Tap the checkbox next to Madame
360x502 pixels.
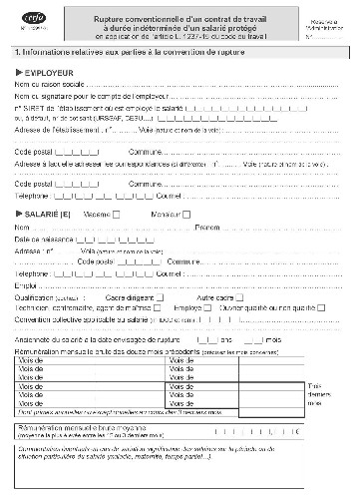point(118,214)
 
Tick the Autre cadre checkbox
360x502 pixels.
point(240,297)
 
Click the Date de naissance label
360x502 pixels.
point(43,240)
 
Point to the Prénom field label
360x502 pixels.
point(207,228)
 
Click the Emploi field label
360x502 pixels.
point(27,285)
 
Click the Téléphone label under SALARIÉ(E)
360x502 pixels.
point(35,273)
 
